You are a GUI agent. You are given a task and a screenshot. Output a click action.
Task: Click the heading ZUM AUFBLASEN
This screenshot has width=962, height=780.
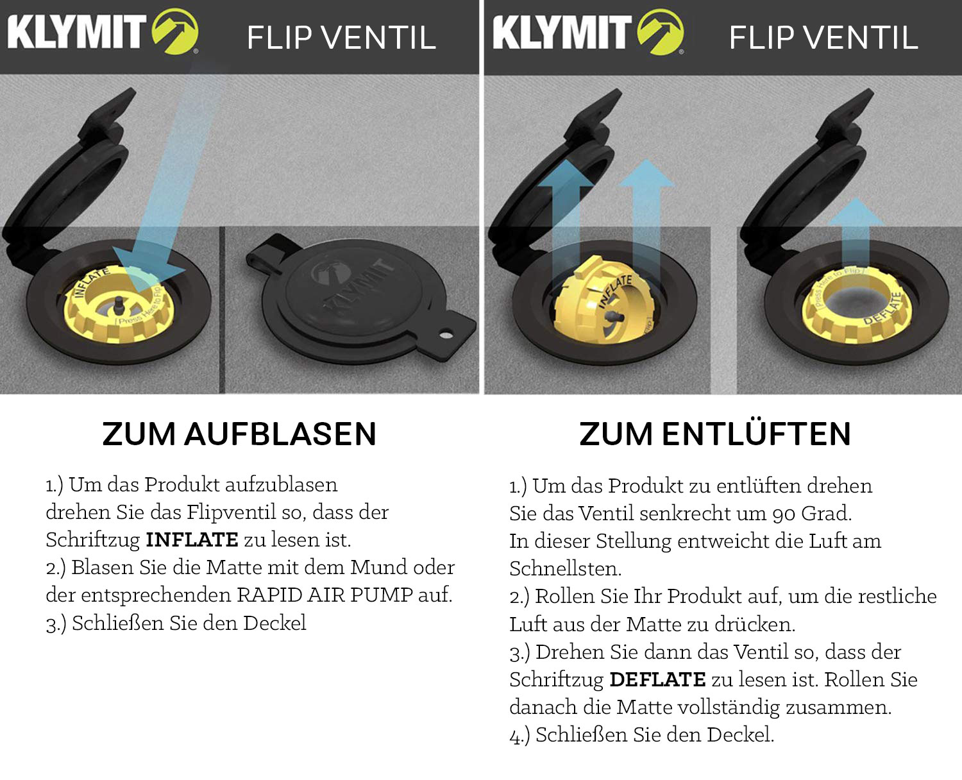pos(239,434)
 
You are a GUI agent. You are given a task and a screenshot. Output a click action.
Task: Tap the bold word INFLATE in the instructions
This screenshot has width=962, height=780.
pos(192,539)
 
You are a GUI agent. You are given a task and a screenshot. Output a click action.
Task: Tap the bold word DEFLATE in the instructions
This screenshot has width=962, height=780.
pos(657,679)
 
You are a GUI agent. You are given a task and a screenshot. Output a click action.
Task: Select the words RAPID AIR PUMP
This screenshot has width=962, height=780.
pos(325,595)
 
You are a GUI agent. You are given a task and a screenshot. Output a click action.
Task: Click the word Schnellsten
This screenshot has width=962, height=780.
pos(566,568)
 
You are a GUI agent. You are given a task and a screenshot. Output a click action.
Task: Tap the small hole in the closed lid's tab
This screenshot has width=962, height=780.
pos(446,335)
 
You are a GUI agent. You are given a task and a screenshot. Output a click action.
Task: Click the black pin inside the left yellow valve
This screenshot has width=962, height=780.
pos(119,305)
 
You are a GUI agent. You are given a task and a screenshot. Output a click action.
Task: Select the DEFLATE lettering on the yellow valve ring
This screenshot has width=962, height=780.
pos(883,309)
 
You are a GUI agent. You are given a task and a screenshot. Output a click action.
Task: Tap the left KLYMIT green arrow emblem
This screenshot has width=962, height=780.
pos(175,31)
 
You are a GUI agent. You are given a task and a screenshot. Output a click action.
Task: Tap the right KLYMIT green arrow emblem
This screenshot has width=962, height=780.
pos(661,31)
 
